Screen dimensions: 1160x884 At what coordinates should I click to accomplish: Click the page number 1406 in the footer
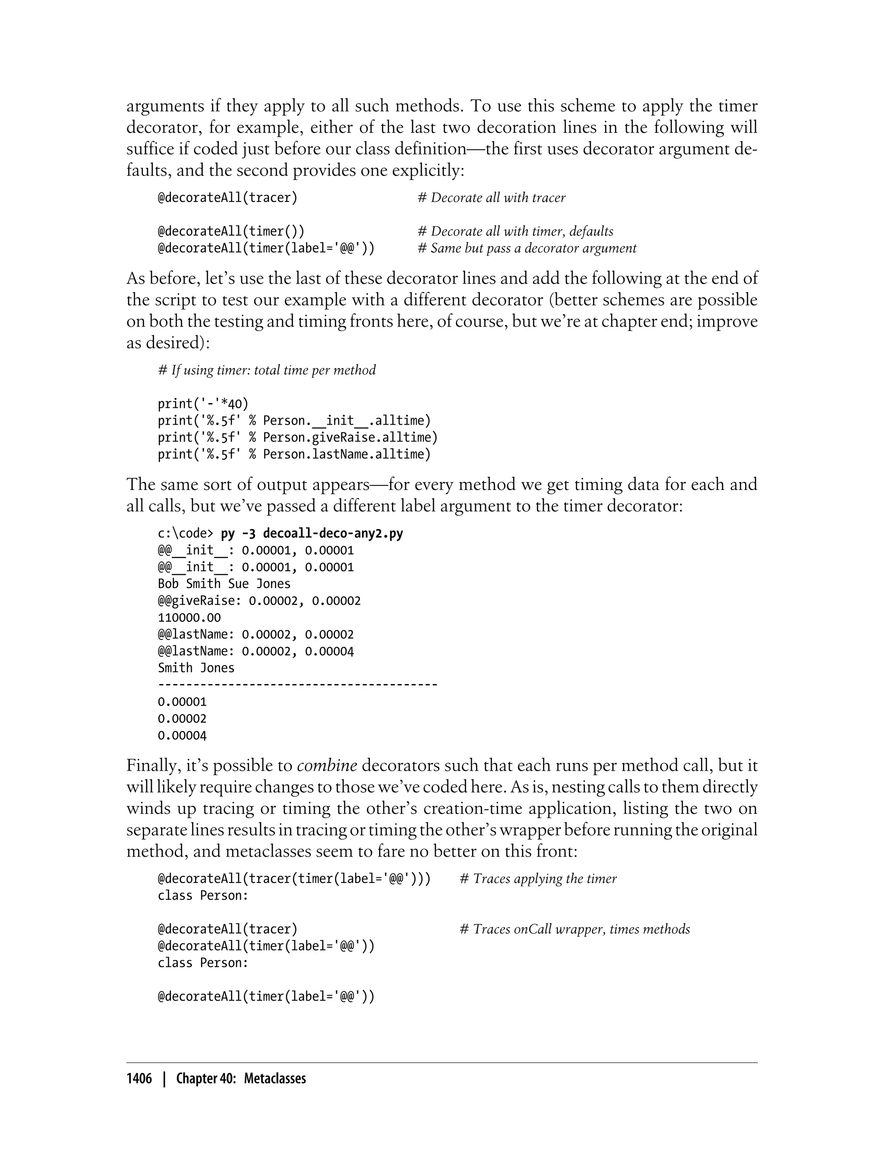point(139,1079)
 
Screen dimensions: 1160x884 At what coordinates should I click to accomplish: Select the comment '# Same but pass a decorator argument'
point(527,248)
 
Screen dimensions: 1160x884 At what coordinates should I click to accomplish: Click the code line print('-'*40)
point(203,403)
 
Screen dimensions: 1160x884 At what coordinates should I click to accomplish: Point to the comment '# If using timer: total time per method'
point(267,370)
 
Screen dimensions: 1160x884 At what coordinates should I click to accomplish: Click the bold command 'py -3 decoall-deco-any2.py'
point(312,533)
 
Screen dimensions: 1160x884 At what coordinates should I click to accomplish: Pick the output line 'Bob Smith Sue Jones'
point(224,584)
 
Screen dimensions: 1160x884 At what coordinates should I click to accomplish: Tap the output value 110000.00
point(189,618)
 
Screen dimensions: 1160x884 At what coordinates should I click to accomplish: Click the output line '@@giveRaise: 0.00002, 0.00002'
point(259,601)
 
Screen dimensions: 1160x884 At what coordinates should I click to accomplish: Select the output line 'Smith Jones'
point(196,668)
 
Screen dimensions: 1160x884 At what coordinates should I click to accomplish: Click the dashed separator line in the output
point(297,685)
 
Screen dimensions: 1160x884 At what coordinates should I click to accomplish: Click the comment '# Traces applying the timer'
point(538,879)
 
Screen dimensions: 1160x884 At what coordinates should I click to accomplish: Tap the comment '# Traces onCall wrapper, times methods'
point(575,930)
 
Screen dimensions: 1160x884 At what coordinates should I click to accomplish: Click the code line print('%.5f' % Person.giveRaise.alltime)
point(297,437)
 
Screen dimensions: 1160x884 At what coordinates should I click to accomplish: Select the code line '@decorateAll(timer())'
point(231,231)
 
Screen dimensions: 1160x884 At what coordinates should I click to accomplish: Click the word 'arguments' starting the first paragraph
point(165,106)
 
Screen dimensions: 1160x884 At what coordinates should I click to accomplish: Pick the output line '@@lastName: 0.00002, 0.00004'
point(256,651)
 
